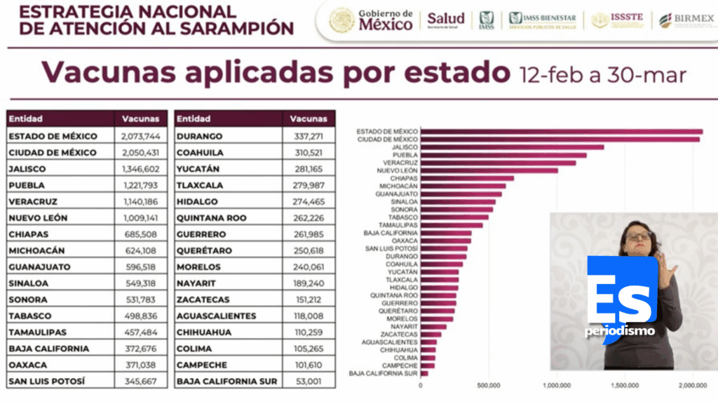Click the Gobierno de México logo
tap(372, 20)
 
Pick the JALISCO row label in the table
tap(29, 169)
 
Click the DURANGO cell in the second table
tap(200, 136)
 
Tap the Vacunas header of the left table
tap(140, 119)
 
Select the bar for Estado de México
tap(561, 131)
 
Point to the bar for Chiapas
tap(467, 178)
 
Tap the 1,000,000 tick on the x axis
tap(556, 385)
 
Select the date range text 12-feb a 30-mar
tap(602, 74)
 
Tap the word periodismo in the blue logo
tap(620, 330)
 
